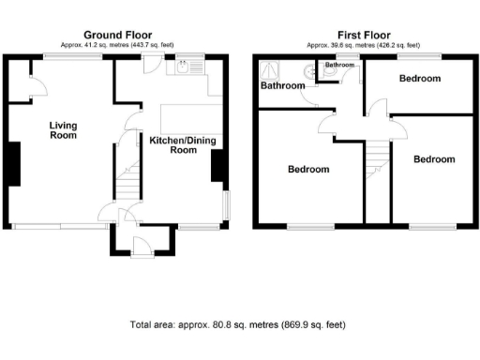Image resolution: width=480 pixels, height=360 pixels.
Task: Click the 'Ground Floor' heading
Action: (119, 36)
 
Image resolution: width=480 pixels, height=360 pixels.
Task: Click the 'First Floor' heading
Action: (359, 36)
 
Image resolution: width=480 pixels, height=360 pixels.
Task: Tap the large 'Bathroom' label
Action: (282, 86)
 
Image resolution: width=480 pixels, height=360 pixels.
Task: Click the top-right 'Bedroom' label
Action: (419, 79)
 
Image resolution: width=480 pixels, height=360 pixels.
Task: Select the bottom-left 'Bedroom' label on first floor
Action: (307, 170)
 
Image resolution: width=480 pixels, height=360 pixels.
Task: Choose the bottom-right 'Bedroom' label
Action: (434, 159)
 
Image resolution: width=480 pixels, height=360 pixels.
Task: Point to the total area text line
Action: (238, 325)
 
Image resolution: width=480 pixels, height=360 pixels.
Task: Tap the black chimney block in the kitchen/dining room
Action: (217, 165)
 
